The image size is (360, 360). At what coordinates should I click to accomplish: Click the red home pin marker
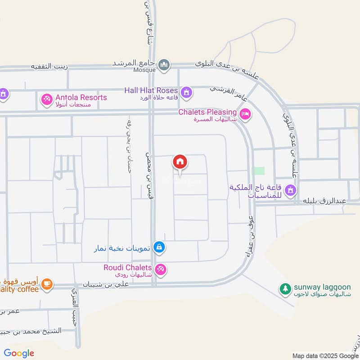(x=180, y=162)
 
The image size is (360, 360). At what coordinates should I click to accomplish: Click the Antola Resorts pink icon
(x=47, y=99)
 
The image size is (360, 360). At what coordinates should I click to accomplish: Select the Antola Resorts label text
(x=81, y=98)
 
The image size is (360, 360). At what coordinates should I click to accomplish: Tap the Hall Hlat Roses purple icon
(x=187, y=93)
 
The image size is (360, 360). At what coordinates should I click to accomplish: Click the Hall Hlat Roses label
(x=151, y=90)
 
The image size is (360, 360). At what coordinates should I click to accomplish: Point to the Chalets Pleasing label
(x=207, y=112)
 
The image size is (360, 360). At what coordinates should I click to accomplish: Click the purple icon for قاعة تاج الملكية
(x=291, y=190)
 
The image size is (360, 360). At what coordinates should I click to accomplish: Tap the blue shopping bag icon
(x=158, y=247)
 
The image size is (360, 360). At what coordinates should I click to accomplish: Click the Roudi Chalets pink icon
(x=162, y=270)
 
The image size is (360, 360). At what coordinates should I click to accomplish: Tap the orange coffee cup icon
(x=47, y=284)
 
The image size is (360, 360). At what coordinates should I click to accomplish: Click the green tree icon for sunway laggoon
(x=284, y=288)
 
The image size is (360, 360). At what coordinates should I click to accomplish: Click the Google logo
(x=19, y=353)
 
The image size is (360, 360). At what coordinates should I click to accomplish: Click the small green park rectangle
(x=259, y=171)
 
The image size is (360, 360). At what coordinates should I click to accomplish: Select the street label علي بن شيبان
(x=110, y=284)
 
